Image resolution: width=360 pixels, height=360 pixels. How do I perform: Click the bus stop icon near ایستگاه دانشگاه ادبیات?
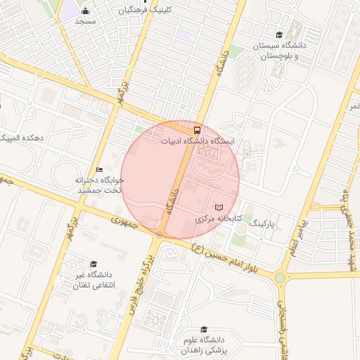[197, 129]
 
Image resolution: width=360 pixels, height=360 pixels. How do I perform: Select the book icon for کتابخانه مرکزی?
[219, 207]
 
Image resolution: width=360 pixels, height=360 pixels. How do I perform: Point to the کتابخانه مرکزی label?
[218, 219]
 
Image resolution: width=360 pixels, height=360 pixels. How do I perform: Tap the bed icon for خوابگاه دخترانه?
[99, 169]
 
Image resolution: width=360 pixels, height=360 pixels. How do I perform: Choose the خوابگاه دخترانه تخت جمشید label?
[100, 185]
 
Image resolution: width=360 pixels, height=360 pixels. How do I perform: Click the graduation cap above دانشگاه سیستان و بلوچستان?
[279, 35]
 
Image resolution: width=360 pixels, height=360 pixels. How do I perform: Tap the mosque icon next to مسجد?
[86, 11]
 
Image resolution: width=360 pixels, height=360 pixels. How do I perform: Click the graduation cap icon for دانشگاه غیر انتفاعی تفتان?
[94, 264]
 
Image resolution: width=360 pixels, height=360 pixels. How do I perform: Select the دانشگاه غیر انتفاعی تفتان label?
[99, 280]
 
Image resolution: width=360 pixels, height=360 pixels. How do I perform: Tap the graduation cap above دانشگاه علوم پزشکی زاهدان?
[204, 329]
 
